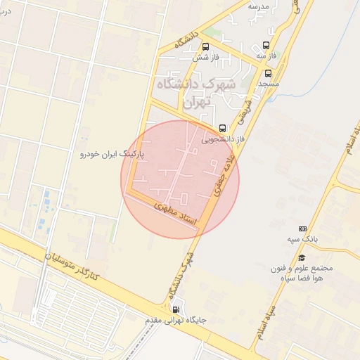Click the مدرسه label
(259, 6)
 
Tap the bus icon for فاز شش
(205, 47)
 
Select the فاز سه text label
(265, 55)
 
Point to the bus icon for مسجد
(268, 73)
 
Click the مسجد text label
(268, 83)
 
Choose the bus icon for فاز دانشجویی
(223, 129)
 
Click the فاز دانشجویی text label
(223, 139)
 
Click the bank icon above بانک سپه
(303, 229)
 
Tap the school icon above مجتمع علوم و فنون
(302, 258)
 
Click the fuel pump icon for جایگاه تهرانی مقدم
(175, 309)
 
